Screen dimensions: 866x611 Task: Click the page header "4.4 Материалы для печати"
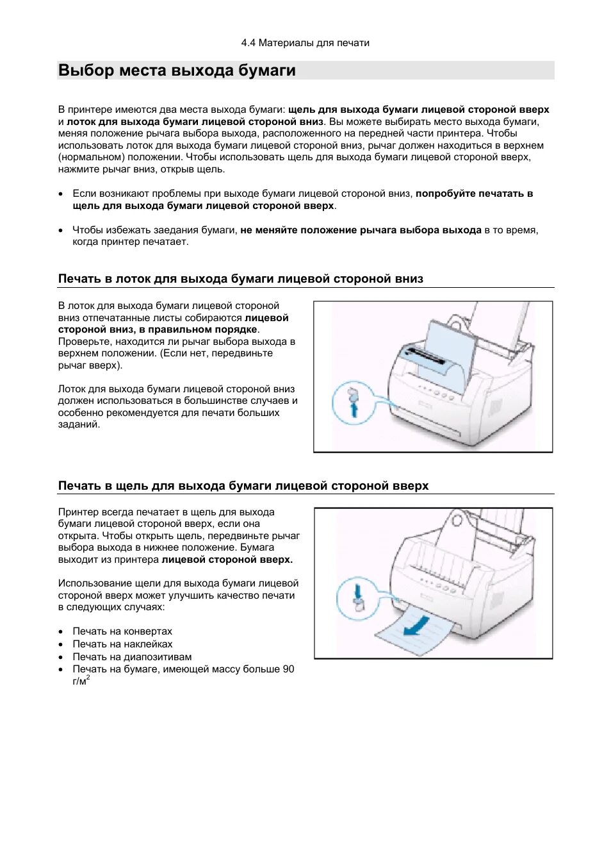[x=305, y=43]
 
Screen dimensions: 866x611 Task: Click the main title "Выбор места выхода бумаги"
[x=177, y=71]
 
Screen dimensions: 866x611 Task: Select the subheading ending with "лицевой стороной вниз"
[x=240, y=279]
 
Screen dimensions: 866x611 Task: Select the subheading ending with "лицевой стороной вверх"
[x=243, y=486]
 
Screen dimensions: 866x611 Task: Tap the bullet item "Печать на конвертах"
[x=122, y=631]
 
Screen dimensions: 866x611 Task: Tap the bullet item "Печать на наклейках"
[x=122, y=644]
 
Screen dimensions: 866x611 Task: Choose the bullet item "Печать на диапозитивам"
[x=131, y=657]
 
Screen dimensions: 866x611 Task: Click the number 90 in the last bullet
[x=288, y=669]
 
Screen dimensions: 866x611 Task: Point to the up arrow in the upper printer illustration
[x=354, y=409]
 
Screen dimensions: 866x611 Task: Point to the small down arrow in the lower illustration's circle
[x=357, y=588]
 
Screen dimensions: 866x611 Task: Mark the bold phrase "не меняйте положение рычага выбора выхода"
[x=361, y=230]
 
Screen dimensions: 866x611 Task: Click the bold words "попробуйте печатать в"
[x=474, y=194]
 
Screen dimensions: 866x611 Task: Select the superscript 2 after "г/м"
[x=88, y=678]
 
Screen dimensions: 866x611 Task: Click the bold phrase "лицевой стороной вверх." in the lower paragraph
[x=227, y=560]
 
